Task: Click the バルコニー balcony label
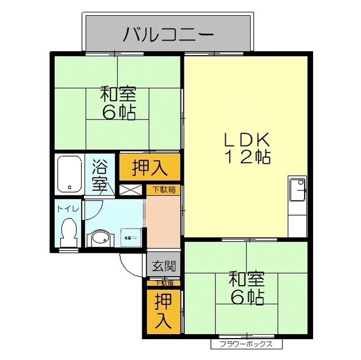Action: click(169, 34)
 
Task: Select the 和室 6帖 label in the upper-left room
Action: click(118, 103)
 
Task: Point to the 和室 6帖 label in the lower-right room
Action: click(246, 288)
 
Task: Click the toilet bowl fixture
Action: click(69, 232)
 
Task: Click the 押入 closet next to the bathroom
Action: click(149, 167)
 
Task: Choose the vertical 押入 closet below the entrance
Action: click(162, 310)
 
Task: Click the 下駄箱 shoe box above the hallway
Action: click(164, 190)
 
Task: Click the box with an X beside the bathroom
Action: click(131, 190)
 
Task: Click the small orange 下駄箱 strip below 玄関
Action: click(164, 283)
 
